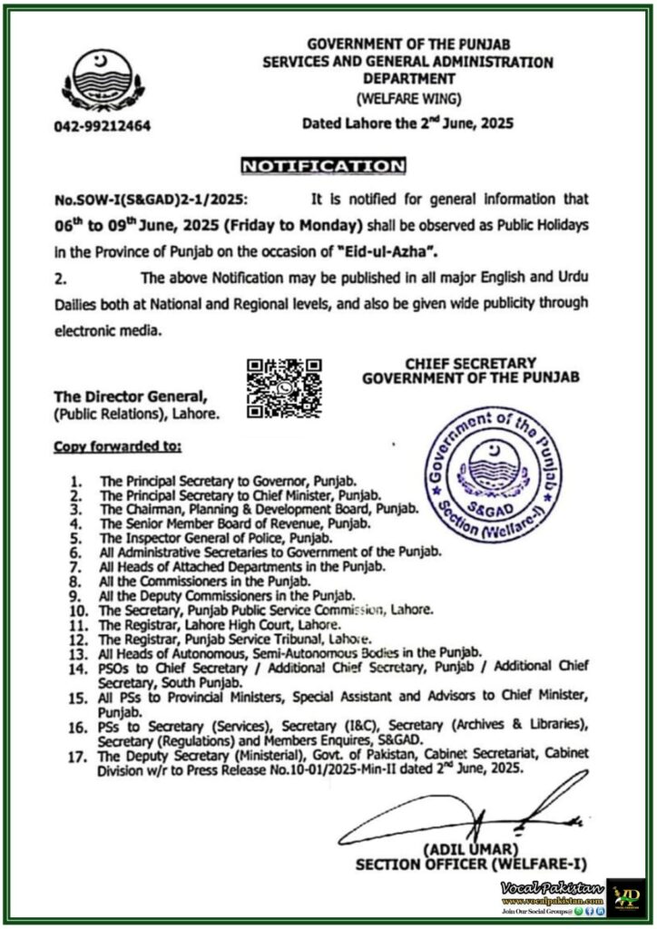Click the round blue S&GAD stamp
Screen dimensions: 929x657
click(x=495, y=474)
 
